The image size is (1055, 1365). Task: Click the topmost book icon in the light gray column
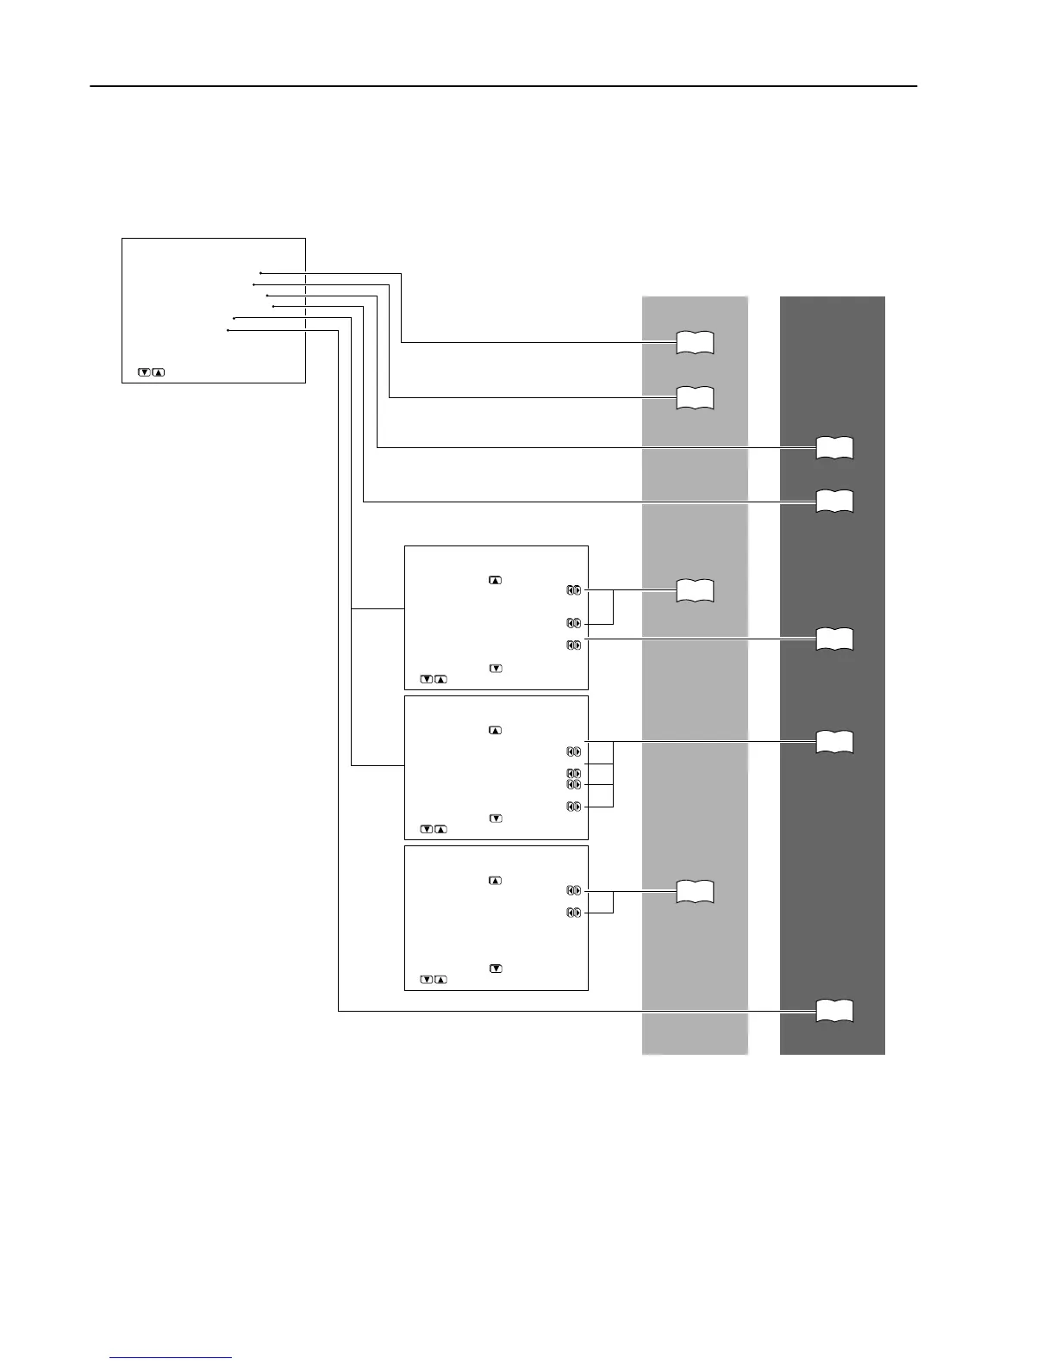pyautogui.click(x=695, y=342)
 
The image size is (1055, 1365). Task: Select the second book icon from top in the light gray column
pyautogui.click(x=695, y=397)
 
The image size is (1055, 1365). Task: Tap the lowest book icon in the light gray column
pyautogui.click(x=695, y=891)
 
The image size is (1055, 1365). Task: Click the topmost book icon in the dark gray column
pyautogui.click(x=834, y=447)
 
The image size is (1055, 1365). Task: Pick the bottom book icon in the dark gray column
pyautogui.click(x=834, y=1010)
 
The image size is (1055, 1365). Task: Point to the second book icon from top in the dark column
pyautogui.click(x=834, y=501)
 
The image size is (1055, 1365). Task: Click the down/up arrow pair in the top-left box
pyautogui.click(x=152, y=372)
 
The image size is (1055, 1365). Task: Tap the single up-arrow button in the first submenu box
pyautogui.click(x=495, y=580)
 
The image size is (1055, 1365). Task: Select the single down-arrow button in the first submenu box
pyautogui.click(x=496, y=668)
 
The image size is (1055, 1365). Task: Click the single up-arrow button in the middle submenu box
pyautogui.click(x=495, y=730)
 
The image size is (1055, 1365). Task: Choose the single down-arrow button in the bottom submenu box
pyautogui.click(x=496, y=968)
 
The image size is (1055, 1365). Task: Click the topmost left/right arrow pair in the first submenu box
pyautogui.click(x=574, y=590)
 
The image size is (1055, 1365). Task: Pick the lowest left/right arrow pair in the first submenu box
pyautogui.click(x=574, y=645)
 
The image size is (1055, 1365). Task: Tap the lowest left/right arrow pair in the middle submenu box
pyautogui.click(x=574, y=807)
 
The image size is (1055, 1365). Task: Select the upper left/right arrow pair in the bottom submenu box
pyautogui.click(x=574, y=890)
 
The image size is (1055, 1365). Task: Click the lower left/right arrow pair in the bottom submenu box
pyautogui.click(x=574, y=912)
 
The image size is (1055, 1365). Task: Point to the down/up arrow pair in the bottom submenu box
pyautogui.click(x=434, y=980)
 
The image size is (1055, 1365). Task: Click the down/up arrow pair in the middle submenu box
pyautogui.click(x=434, y=829)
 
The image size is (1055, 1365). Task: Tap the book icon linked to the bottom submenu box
pyautogui.click(x=695, y=891)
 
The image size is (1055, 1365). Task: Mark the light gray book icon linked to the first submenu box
pyautogui.click(x=695, y=590)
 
